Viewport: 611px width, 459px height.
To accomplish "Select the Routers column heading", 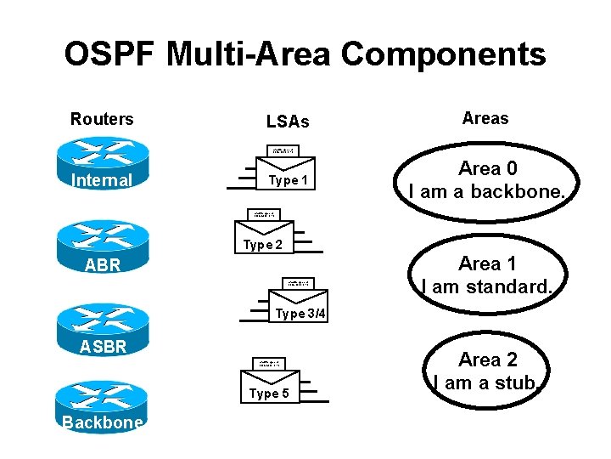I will coord(102,119).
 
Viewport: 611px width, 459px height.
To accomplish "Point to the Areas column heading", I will coord(485,118).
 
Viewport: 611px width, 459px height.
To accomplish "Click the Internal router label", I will coord(102,180).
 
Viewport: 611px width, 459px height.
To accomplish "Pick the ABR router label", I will coord(103,265).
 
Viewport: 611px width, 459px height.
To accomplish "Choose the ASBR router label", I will coord(103,346).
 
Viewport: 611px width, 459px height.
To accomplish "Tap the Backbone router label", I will coord(103,423).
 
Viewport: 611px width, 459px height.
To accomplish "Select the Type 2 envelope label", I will coord(263,245).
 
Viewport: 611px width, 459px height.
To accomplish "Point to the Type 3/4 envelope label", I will coord(300,314).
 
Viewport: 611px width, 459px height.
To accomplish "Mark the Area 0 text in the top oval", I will coord(487,168).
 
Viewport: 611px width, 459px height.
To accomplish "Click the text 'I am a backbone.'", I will coord(486,192).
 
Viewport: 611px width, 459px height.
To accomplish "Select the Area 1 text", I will coord(487,263).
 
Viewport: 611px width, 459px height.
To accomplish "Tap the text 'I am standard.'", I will coord(487,287).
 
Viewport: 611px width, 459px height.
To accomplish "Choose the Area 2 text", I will coord(487,360).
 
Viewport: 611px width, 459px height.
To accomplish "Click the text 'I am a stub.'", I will coord(486,383).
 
